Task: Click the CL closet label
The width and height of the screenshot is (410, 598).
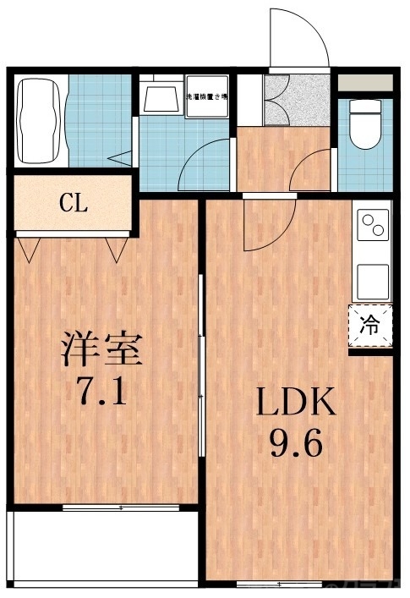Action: click(x=74, y=203)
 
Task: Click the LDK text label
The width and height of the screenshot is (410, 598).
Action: click(x=297, y=403)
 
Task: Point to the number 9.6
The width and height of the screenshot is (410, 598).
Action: click(x=297, y=442)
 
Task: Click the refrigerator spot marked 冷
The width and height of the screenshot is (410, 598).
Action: click(x=370, y=323)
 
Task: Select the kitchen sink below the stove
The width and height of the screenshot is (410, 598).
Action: click(x=372, y=279)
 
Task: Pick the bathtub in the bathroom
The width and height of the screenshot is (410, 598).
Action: click(x=39, y=121)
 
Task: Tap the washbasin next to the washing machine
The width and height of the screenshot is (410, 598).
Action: click(x=161, y=96)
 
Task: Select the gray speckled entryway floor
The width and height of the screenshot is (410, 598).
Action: click(x=295, y=100)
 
